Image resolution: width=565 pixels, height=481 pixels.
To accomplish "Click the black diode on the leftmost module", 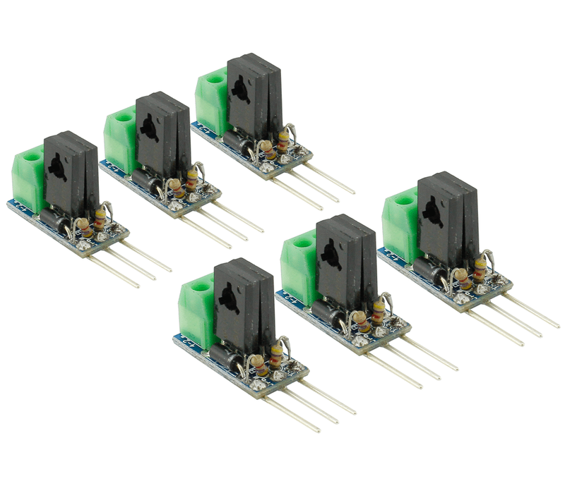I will click(54, 217).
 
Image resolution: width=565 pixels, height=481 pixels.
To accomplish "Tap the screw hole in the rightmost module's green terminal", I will click(405, 200).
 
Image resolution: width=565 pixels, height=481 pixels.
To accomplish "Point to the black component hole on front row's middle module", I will click(329, 252).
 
